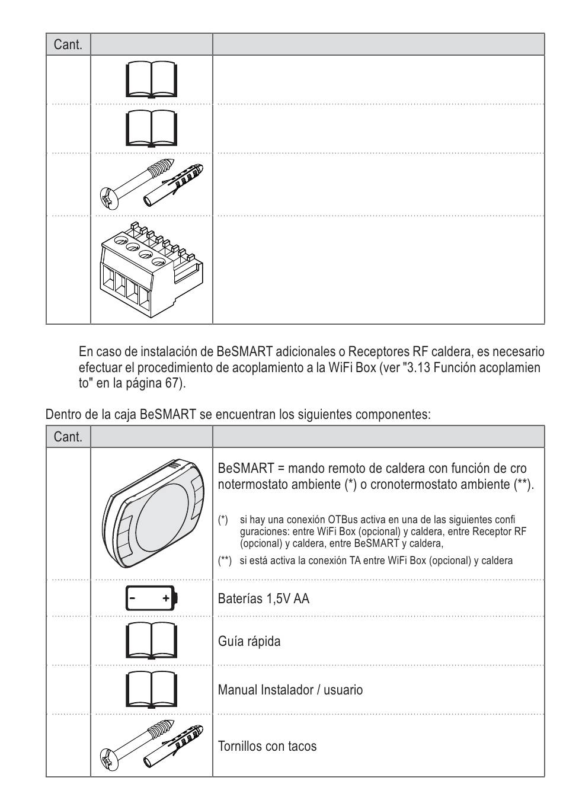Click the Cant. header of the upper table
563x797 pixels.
pyautogui.click(x=68, y=44)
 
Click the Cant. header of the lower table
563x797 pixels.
pyautogui.click(x=68, y=437)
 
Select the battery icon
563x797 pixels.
pyautogui.click(x=151, y=598)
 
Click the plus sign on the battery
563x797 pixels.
pyautogui.click(x=167, y=598)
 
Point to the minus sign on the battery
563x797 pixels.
pyautogui.click(x=133, y=598)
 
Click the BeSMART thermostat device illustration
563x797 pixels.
pyautogui.click(x=151, y=513)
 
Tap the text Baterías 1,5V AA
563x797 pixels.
pyautogui.click(x=264, y=598)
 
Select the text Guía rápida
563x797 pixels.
pyautogui.click(x=249, y=641)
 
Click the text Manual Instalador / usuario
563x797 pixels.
pyautogui.click(x=290, y=690)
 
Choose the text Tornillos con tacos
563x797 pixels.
pyautogui.click(x=267, y=746)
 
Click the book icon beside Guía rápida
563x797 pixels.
pyautogui.click(x=151, y=641)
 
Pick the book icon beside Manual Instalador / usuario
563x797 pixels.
pyautogui.click(x=151, y=689)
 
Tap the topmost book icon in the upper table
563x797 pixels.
pyautogui.click(x=151, y=79)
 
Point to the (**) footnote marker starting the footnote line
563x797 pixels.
pyautogui.click(x=225, y=561)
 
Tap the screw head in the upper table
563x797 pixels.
pyautogui.click(x=110, y=197)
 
